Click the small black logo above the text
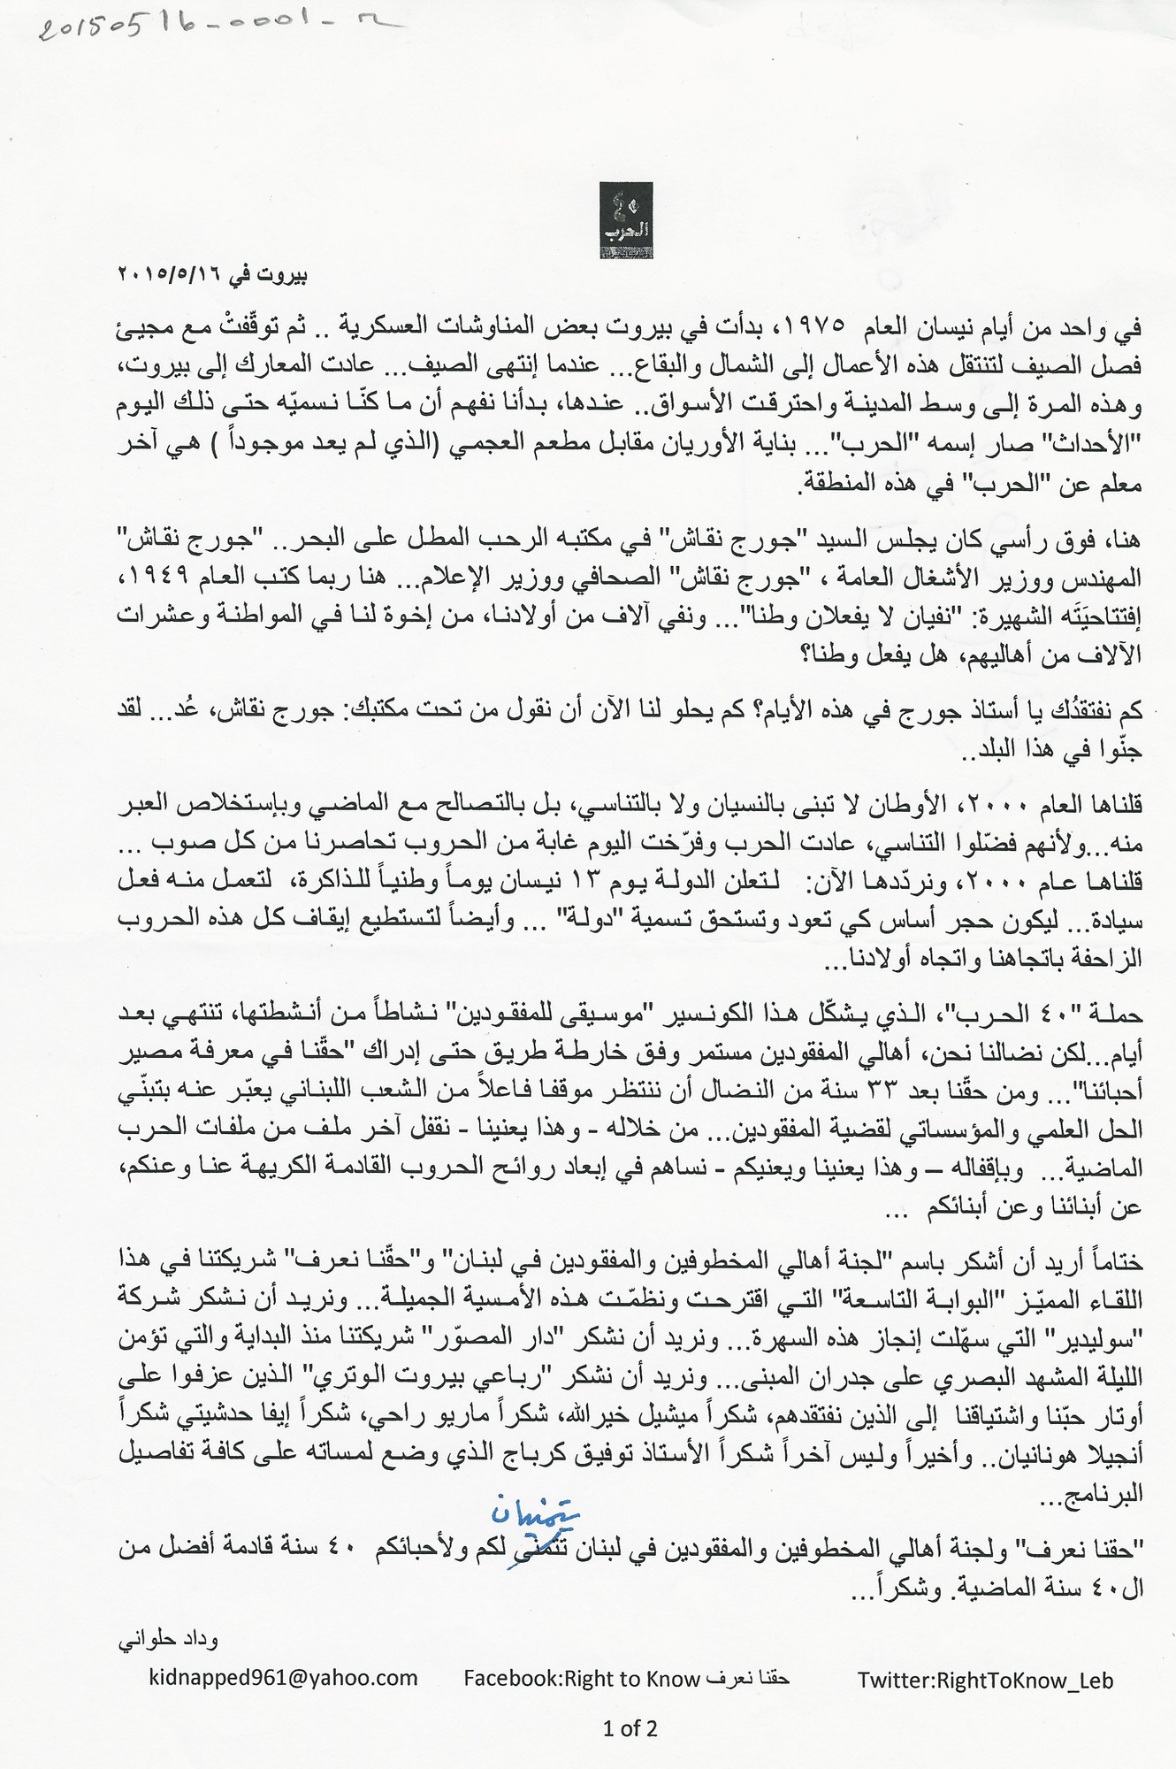pyautogui.click(x=626, y=220)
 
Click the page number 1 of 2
pyautogui.click(x=630, y=1727)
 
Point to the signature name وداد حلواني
pyautogui.click(x=168, y=1639)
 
